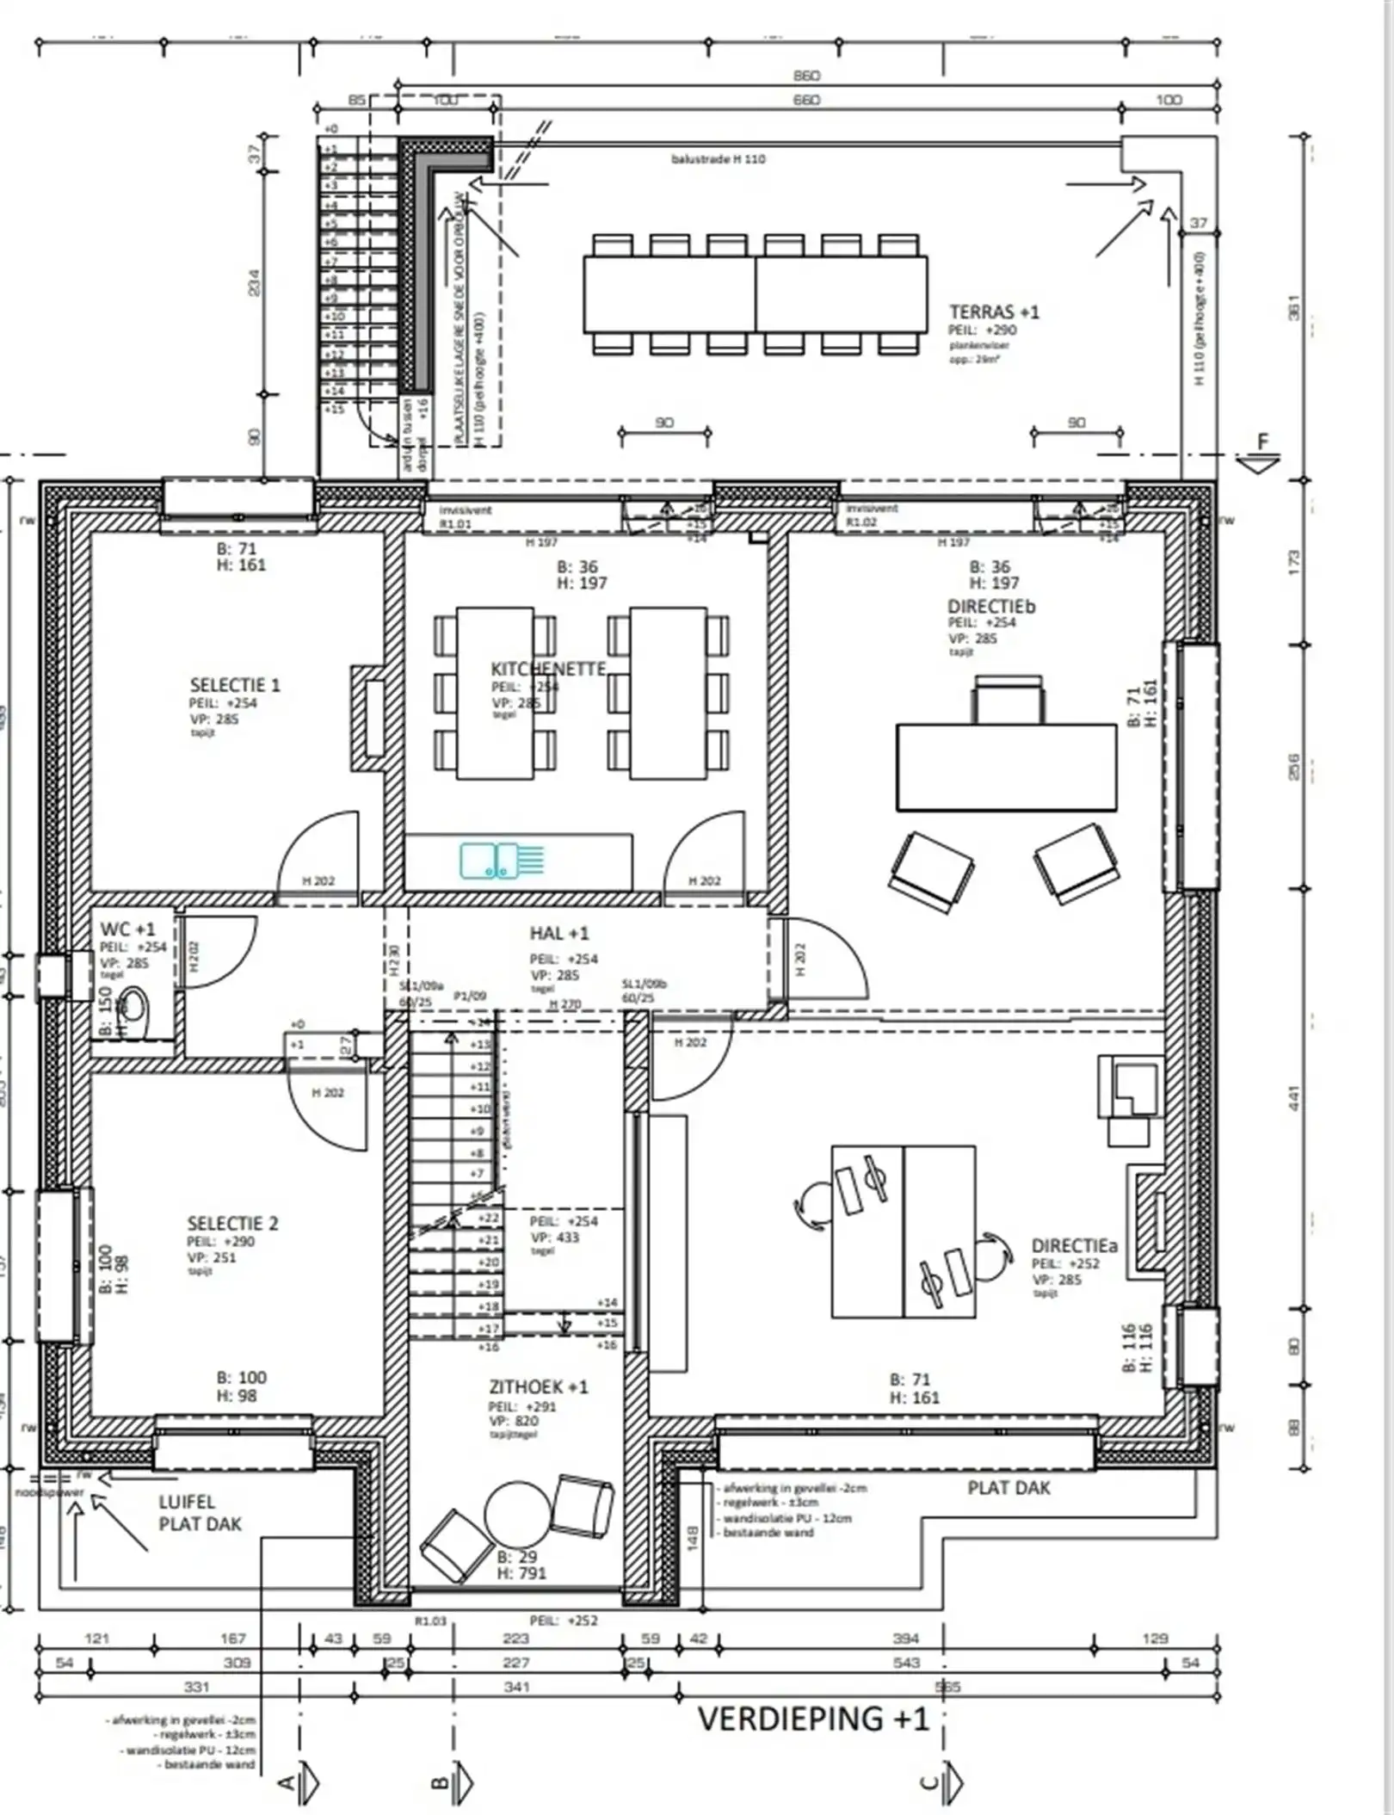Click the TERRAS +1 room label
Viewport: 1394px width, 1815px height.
click(x=993, y=312)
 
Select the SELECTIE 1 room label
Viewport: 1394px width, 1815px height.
click(x=235, y=685)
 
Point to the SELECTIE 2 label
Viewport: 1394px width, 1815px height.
click(x=232, y=1223)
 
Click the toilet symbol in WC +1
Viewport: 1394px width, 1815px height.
click(x=133, y=1008)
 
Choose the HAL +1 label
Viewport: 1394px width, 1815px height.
click(x=559, y=933)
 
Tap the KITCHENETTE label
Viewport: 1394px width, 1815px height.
click(x=548, y=669)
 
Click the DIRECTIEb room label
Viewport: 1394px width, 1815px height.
click(x=991, y=606)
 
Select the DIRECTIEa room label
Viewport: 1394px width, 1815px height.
click(x=1074, y=1245)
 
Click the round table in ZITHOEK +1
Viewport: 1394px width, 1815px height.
click(x=516, y=1514)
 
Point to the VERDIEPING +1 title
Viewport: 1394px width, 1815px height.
click(x=813, y=1719)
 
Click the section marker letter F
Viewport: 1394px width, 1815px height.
click(x=1262, y=442)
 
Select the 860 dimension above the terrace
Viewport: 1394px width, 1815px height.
click(x=806, y=76)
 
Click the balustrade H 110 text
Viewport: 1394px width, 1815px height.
click(x=718, y=159)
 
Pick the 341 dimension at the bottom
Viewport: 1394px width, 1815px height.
click(x=516, y=1687)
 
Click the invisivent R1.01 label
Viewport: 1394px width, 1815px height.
click(x=464, y=516)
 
